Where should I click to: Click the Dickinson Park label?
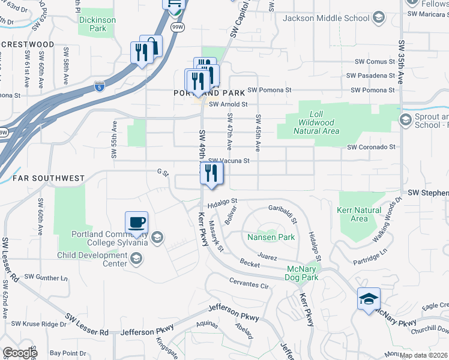coord(97,24)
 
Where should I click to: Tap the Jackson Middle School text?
coord(326,18)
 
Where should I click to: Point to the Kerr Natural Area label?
coord(359,214)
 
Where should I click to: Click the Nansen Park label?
coord(271,237)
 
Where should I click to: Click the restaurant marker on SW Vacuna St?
coord(211,173)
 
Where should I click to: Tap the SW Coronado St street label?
coord(371,147)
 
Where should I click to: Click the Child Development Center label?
coord(92,259)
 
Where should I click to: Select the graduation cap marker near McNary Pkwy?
coord(369,299)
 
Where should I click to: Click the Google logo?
coord(20,353)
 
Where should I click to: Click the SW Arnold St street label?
coord(228,104)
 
